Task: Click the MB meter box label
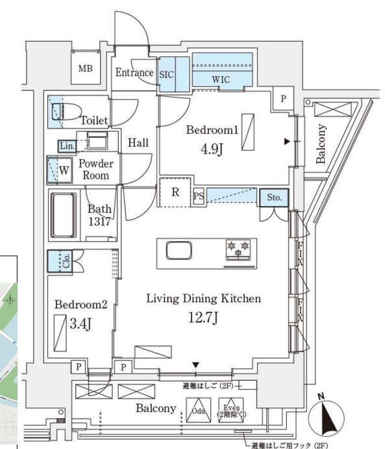pos(86,68)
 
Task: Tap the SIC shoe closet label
pos(166,75)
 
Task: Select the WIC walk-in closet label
pos(221,79)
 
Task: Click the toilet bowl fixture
pos(66,111)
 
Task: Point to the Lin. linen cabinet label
pos(67,146)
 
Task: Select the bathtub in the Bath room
pos(64,215)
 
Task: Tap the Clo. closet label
pos(66,261)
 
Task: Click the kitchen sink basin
pos(179,251)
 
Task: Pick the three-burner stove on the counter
pos(238,250)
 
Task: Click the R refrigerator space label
pos(175,192)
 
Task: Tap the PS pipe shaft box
pos(199,196)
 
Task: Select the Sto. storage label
pos(275,197)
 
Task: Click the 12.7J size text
pos(203,317)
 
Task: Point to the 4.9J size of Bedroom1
pos(212,149)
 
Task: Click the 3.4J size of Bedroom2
pos(81,324)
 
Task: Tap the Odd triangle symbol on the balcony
pos(199,410)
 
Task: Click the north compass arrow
pos(327,418)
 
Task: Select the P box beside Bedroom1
pos(283,99)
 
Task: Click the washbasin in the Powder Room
pos(97,140)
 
